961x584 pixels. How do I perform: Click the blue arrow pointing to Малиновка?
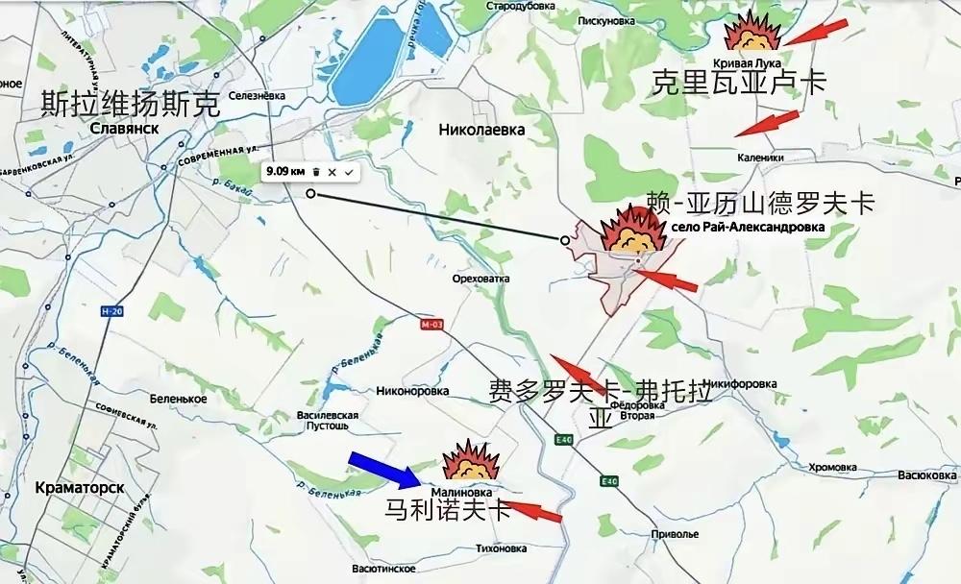(x=383, y=469)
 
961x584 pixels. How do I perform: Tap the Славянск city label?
(x=124, y=129)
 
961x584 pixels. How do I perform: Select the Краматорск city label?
(x=78, y=487)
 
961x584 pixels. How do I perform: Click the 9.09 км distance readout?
(x=286, y=171)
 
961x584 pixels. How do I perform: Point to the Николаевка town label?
(x=481, y=128)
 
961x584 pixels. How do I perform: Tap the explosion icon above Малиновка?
(x=471, y=461)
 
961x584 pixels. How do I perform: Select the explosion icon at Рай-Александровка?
(x=630, y=234)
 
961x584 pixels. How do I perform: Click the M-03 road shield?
(x=431, y=325)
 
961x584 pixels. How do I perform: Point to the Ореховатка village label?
(x=478, y=279)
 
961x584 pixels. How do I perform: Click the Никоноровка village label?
(x=413, y=392)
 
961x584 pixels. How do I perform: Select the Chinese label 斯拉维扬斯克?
(x=130, y=103)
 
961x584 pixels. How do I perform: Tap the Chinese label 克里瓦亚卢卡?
(x=738, y=83)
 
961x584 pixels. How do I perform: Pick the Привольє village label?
(x=674, y=533)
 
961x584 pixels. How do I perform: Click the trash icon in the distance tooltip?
(x=316, y=171)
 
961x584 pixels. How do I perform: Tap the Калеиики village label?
(x=761, y=158)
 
